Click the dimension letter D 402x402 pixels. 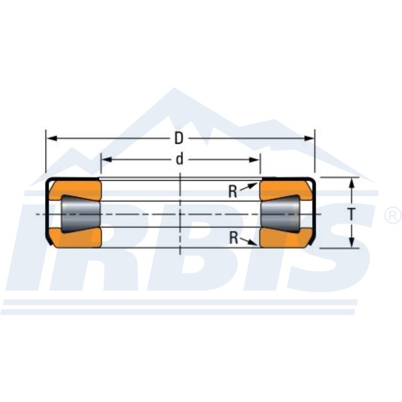pos(179,139)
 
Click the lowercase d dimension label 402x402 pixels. pos(179,159)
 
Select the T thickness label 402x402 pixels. pos(352,214)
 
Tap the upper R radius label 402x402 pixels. pos(233,191)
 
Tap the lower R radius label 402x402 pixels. pos(233,238)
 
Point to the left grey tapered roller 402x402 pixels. pos(80,214)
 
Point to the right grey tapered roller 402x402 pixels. pos(280,214)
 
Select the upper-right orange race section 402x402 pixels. pos(286,190)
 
